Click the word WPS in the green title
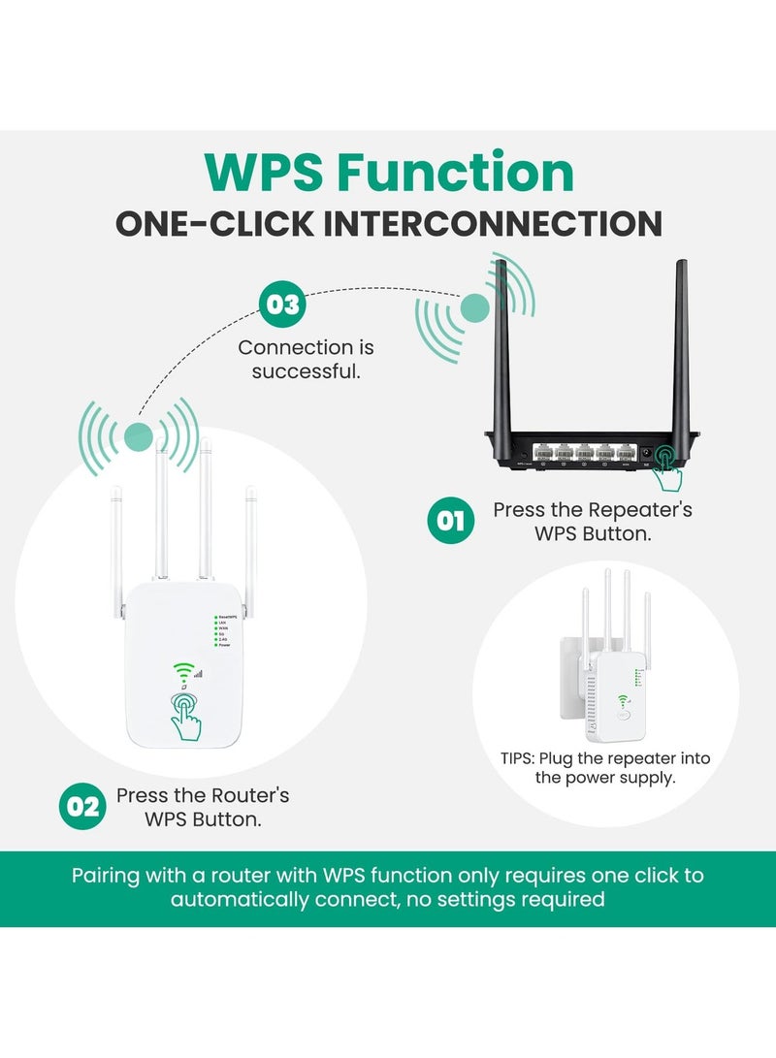click(264, 173)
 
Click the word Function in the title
click(456, 173)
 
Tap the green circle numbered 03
click(283, 305)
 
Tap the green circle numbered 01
click(451, 521)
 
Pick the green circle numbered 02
click(83, 807)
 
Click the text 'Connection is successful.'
click(306, 359)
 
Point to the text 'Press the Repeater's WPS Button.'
click(593, 521)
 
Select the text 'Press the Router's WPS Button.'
click(203, 807)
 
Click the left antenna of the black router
click(501, 349)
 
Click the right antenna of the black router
click(681, 349)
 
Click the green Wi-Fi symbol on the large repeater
click(180, 670)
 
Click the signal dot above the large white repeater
click(139, 435)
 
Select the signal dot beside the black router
click(474, 308)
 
